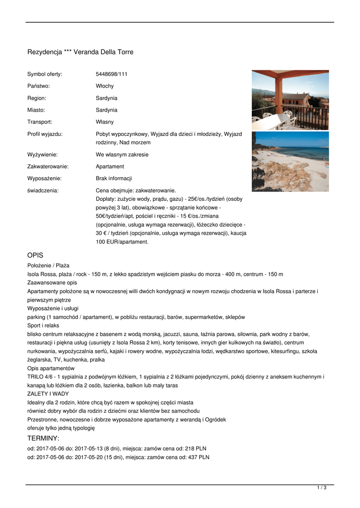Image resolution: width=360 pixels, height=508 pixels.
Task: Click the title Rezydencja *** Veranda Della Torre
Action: click(x=80, y=52)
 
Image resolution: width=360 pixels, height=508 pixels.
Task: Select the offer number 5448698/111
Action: click(x=111, y=74)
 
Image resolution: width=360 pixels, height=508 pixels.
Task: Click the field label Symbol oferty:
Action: click(x=45, y=74)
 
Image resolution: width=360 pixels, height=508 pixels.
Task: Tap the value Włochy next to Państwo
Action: click(x=104, y=86)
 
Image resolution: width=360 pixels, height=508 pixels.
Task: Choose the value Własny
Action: click(x=104, y=122)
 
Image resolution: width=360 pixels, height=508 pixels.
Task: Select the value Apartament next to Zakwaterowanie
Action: click(x=110, y=167)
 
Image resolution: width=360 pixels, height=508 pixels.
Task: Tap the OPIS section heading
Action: click(x=36, y=255)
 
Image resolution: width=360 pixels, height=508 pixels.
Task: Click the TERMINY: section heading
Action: click(x=43, y=438)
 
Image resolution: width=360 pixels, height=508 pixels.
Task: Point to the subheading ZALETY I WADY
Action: click(x=48, y=393)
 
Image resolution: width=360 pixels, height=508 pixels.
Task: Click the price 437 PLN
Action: click(x=199, y=457)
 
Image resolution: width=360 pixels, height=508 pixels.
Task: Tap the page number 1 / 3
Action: click(x=321, y=488)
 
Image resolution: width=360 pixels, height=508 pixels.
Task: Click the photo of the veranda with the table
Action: click(x=290, y=100)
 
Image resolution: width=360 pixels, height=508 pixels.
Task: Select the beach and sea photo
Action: click(x=290, y=161)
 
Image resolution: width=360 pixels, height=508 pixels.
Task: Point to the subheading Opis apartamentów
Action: click(x=51, y=368)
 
